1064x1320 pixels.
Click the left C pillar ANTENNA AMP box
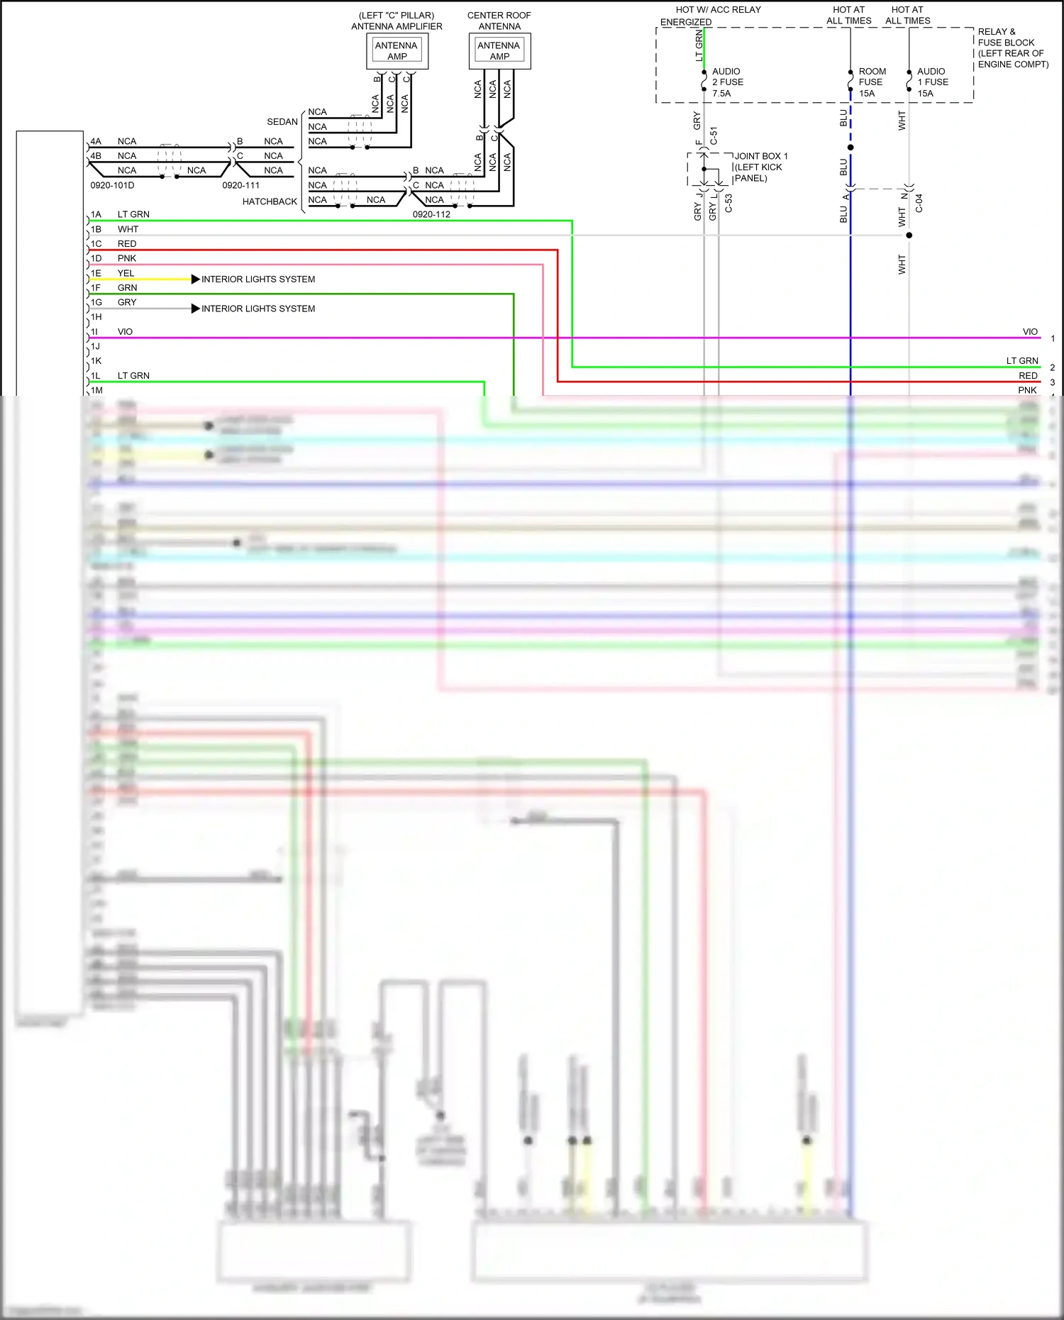(x=397, y=50)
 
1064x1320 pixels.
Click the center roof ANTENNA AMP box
(x=499, y=50)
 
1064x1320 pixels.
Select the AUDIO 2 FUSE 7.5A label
(x=727, y=82)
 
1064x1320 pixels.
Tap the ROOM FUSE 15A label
(x=872, y=82)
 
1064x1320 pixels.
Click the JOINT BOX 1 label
(x=760, y=156)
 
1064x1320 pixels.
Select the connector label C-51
(x=714, y=135)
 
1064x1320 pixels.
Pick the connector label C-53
(x=728, y=204)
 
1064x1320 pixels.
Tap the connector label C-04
(x=919, y=204)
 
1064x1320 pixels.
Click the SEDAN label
(x=282, y=122)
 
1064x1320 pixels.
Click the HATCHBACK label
(x=270, y=201)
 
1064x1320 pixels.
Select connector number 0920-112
(x=431, y=214)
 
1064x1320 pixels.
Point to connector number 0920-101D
(x=112, y=185)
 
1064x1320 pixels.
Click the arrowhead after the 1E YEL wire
(x=195, y=279)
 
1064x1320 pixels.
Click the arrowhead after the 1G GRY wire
(x=195, y=309)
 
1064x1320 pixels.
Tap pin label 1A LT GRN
(x=120, y=214)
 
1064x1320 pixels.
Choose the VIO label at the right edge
(x=1030, y=332)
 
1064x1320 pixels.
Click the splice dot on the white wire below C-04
(x=909, y=235)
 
